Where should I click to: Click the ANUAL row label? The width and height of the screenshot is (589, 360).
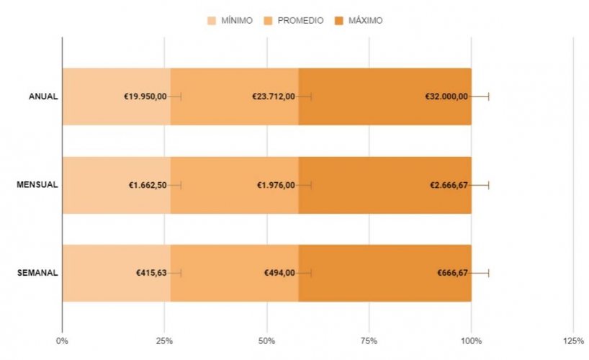click(x=43, y=96)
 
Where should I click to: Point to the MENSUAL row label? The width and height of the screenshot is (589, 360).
click(x=37, y=185)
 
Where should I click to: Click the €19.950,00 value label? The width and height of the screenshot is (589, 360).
click(x=145, y=96)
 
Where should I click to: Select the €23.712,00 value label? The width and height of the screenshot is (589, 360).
click(x=274, y=96)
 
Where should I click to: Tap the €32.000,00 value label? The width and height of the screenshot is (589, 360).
click(x=446, y=96)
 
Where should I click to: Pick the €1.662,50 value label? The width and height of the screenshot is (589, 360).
click(x=148, y=185)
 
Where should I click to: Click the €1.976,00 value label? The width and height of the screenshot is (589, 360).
click(x=276, y=185)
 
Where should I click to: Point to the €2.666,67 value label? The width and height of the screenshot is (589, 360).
click(x=449, y=185)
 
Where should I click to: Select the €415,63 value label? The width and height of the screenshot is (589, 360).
click(x=151, y=273)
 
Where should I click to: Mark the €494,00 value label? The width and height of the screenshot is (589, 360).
click(x=279, y=273)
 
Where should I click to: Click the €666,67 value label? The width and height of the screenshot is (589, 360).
click(x=452, y=273)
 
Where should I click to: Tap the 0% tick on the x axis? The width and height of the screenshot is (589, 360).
click(x=62, y=340)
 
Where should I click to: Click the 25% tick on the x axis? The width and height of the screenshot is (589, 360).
click(x=164, y=340)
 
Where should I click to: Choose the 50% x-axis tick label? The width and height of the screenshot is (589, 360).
click(x=266, y=340)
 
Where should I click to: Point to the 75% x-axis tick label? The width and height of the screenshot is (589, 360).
click(x=369, y=340)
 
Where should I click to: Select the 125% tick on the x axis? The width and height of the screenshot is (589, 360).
click(x=573, y=340)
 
